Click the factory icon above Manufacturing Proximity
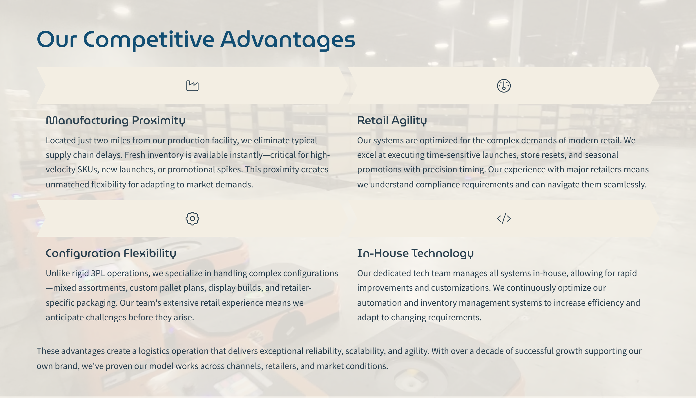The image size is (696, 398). (x=192, y=86)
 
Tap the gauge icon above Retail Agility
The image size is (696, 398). (x=504, y=86)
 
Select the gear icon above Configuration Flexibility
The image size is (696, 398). (x=192, y=218)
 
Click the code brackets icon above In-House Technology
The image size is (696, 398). (x=504, y=218)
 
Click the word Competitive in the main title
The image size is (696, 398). (x=149, y=40)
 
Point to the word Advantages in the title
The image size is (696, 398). (x=288, y=40)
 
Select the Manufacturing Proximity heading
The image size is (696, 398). (x=115, y=121)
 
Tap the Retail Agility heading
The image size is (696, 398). (x=392, y=121)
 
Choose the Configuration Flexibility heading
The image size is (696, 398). (x=111, y=254)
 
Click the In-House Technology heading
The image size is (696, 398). (x=415, y=254)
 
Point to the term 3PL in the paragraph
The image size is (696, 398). (x=98, y=273)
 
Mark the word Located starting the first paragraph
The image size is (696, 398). (x=61, y=140)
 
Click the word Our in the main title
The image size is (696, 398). (x=57, y=40)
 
